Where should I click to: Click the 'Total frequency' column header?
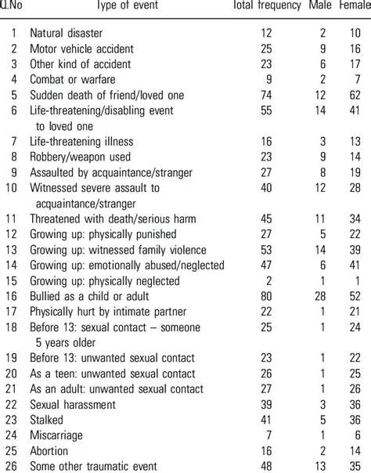click(267, 6)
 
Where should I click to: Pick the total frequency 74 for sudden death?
click(267, 94)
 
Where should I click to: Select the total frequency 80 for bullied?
click(267, 296)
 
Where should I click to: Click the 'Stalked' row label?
click(48, 419)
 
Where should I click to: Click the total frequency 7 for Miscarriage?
click(270, 435)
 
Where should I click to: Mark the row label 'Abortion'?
click(51, 450)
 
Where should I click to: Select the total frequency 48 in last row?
click(267, 465)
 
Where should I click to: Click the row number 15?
click(10, 280)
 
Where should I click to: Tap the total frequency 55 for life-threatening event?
click(267, 110)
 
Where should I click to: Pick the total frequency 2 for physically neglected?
click(270, 280)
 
